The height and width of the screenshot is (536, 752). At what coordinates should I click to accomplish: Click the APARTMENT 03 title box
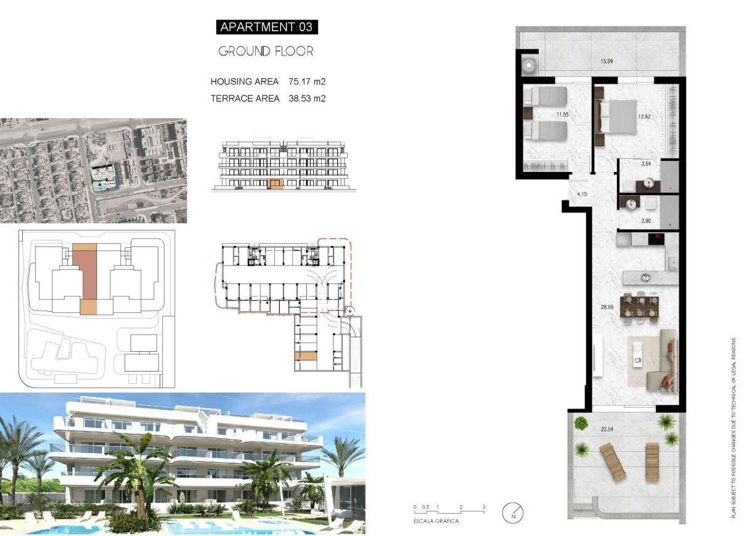click(x=266, y=27)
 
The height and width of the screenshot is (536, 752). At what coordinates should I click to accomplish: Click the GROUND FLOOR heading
click(x=266, y=52)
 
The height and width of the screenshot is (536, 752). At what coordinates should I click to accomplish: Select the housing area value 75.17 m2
click(x=307, y=81)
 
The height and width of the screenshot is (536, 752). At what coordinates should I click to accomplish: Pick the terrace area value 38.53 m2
click(x=307, y=98)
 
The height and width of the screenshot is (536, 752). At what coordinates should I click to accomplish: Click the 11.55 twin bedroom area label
click(x=562, y=115)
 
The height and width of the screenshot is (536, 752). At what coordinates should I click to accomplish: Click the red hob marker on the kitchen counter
click(x=657, y=237)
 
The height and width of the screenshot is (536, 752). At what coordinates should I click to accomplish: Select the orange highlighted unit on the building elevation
click(x=276, y=184)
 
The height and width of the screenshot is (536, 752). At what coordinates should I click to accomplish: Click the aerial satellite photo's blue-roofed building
click(x=102, y=176)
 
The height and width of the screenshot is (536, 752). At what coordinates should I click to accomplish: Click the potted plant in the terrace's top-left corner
click(x=581, y=423)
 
